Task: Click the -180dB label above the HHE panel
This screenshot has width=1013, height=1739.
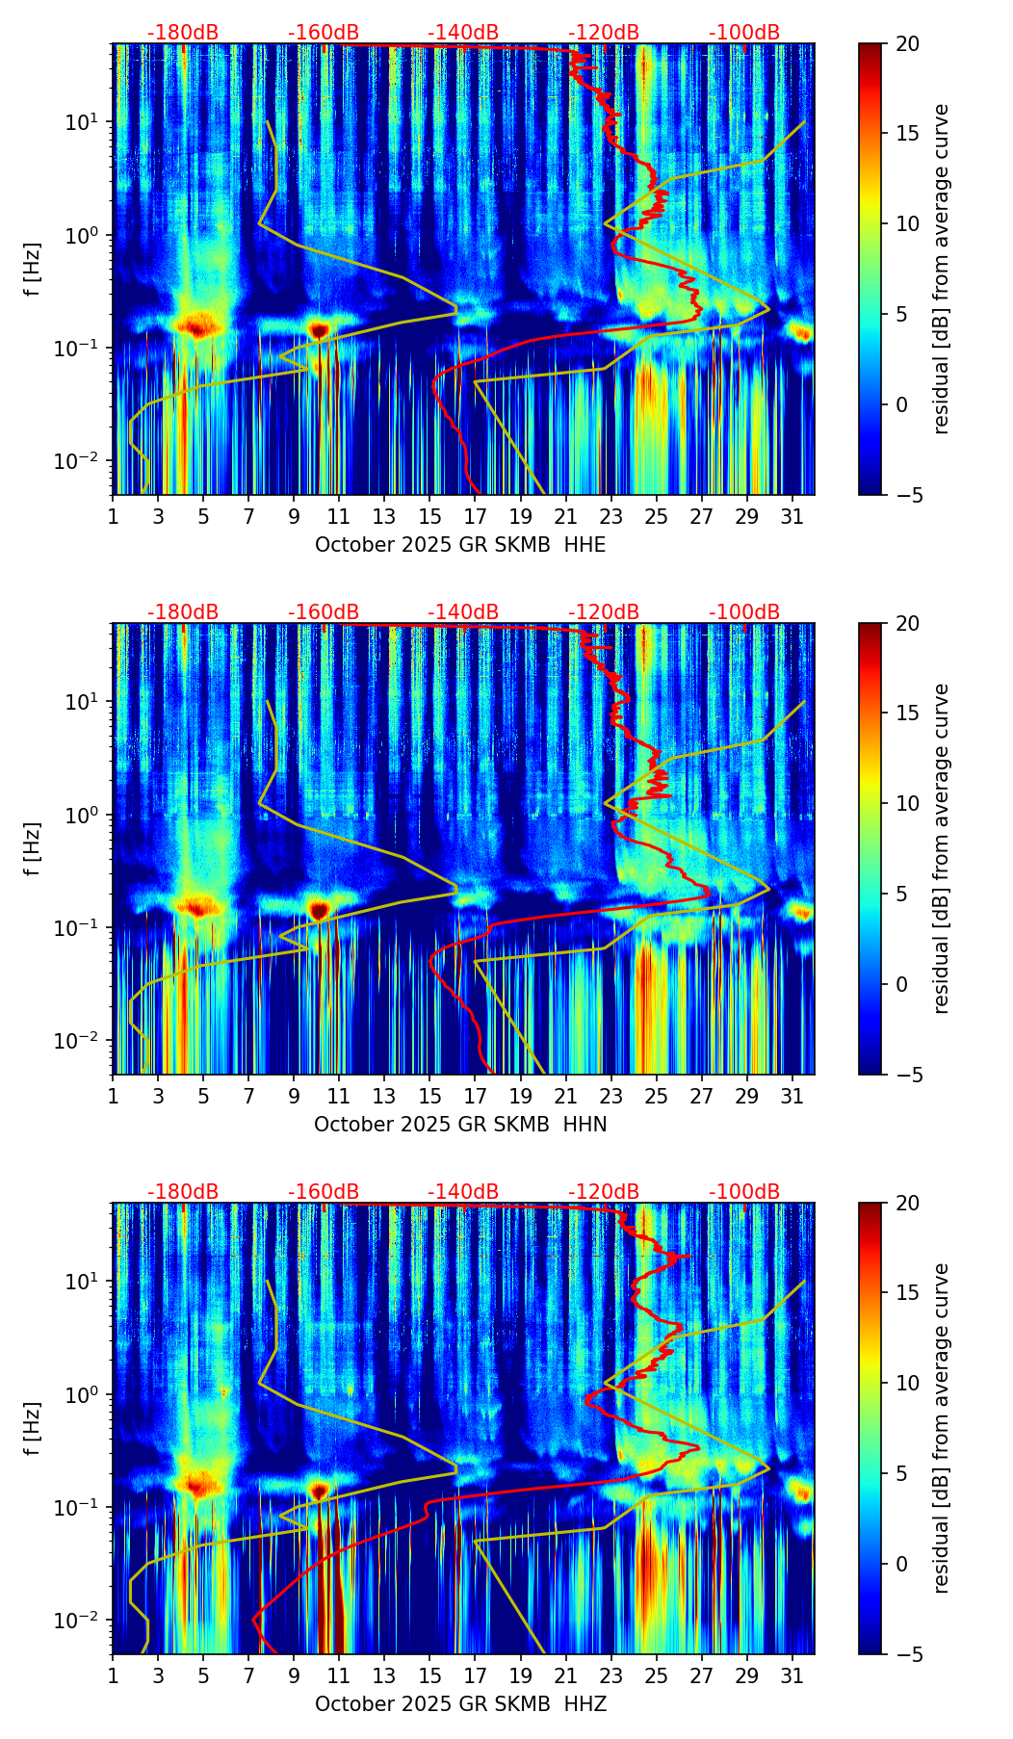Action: click(183, 33)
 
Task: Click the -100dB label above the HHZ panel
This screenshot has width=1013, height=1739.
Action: click(744, 1192)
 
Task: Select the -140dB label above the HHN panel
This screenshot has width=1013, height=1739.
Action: click(463, 612)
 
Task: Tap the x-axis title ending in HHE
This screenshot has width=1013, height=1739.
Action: click(460, 545)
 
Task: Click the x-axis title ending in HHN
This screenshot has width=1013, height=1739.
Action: click(460, 1125)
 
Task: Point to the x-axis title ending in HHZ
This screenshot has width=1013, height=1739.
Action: click(460, 1704)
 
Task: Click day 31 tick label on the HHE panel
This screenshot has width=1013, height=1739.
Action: click(792, 517)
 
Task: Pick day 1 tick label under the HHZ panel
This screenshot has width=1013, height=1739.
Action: click(114, 1676)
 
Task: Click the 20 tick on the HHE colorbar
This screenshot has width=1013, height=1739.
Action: click(907, 44)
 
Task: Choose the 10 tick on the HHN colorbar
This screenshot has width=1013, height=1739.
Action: click(907, 803)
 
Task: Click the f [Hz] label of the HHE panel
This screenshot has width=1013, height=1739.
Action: click(33, 270)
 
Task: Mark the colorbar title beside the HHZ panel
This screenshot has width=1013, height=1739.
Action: click(941, 1428)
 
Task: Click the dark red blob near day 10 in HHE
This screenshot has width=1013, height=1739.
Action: click(319, 330)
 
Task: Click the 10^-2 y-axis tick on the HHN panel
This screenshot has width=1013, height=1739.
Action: click(81, 1041)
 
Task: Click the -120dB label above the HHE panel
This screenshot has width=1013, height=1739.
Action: click(604, 33)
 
